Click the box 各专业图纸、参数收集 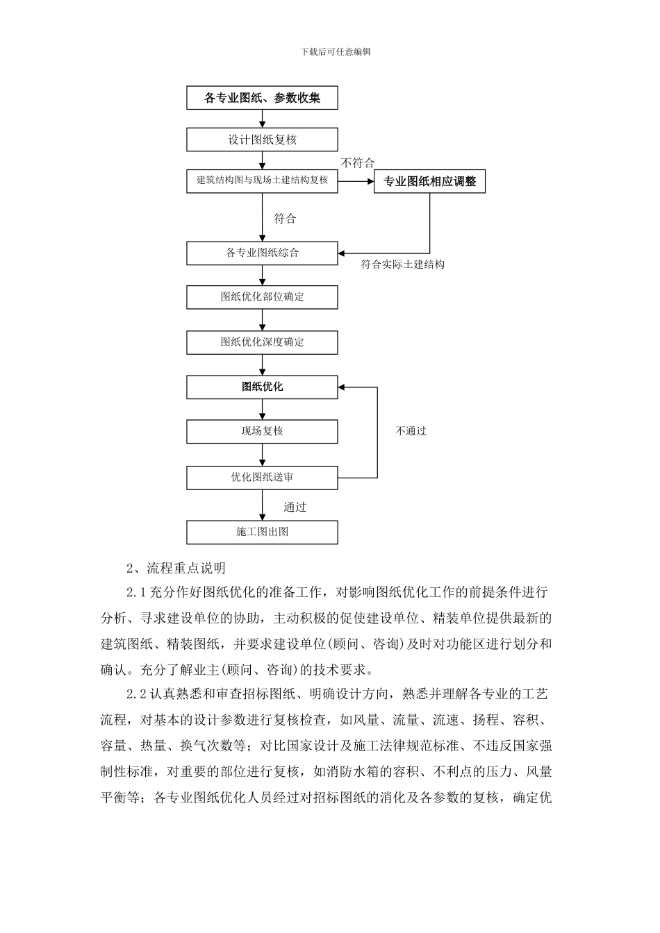262,98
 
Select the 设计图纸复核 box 262,140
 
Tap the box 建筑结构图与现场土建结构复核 262,180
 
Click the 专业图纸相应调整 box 429,182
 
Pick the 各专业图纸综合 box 262,253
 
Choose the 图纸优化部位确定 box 262,297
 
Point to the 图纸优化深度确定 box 262,342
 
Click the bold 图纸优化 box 262,387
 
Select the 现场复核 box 262,431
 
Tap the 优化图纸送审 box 262,478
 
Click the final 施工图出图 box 262,532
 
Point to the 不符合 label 358,163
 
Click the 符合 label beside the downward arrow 285,219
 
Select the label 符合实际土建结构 403,264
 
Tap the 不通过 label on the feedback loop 411,431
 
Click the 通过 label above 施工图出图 295,507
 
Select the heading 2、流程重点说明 176,568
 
